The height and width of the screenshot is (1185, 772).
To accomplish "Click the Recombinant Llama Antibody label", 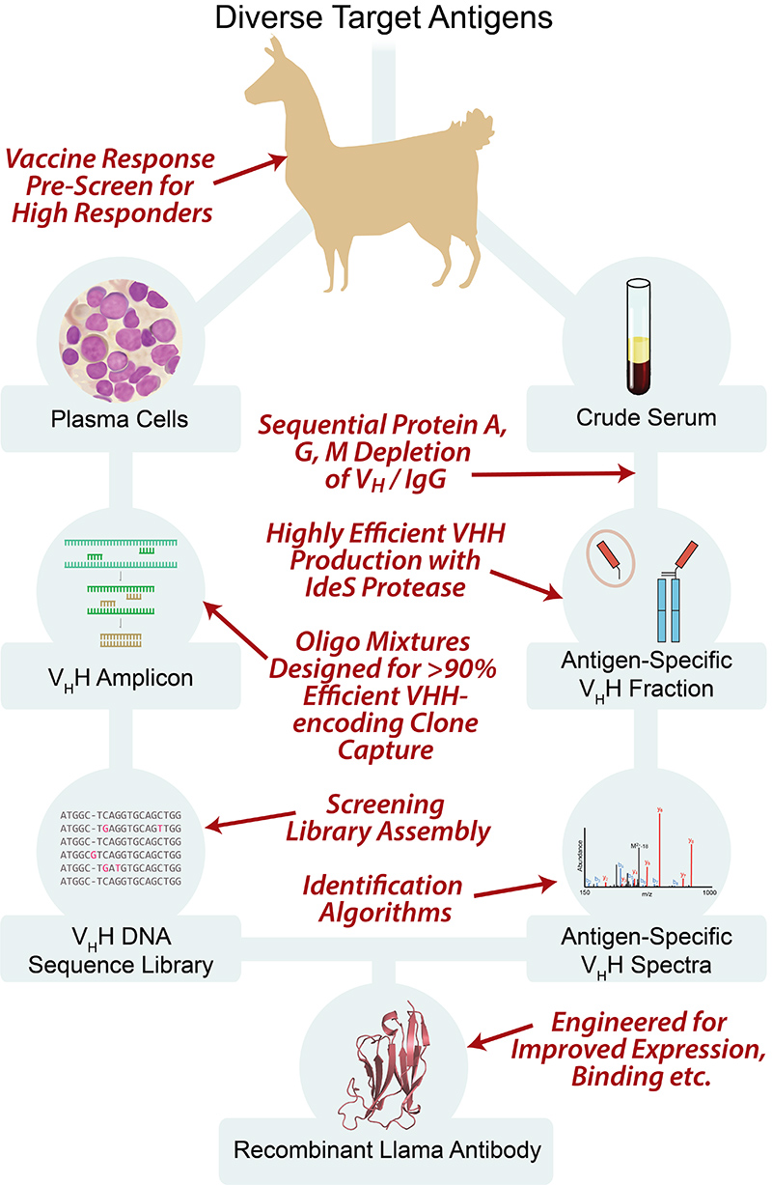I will tap(386, 1149).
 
